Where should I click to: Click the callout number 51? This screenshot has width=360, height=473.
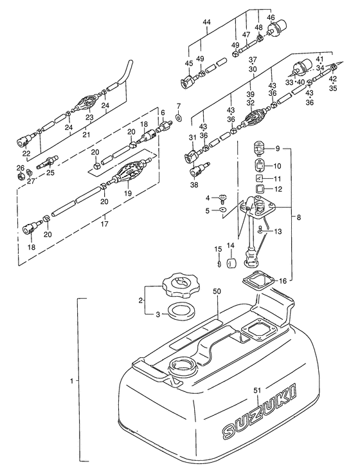pyautogui.click(x=257, y=391)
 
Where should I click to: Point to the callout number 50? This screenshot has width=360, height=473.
pyautogui.click(x=217, y=292)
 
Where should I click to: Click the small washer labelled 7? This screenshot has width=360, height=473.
pyautogui.click(x=178, y=116)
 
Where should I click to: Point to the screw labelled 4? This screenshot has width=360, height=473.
pyautogui.click(x=223, y=198)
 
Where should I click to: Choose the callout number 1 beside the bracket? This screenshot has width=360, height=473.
pyautogui.click(x=71, y=381)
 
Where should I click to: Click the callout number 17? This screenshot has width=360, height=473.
pyautogui.click(x=105, y=224)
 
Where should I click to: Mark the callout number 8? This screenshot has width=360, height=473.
pyautogui.click(x=298, y=218)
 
